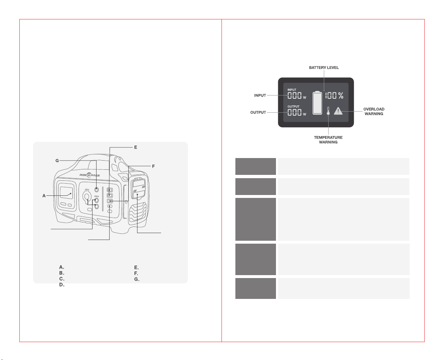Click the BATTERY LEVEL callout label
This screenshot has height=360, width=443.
coord(323,67)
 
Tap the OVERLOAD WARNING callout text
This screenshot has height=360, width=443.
coord(374,111)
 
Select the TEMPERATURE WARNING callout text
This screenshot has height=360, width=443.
coord(328,140)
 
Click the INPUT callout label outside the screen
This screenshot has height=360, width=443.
coord(260,95)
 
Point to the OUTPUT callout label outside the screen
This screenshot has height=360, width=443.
coord(258,112)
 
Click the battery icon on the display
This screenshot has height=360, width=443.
coord(317,103)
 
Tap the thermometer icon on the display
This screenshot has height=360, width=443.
coord(328,111)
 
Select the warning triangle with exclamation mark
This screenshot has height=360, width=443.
coord(338,111)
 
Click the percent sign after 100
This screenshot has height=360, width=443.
coord(341,95)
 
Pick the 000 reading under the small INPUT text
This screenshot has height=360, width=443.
coord(294,95)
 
